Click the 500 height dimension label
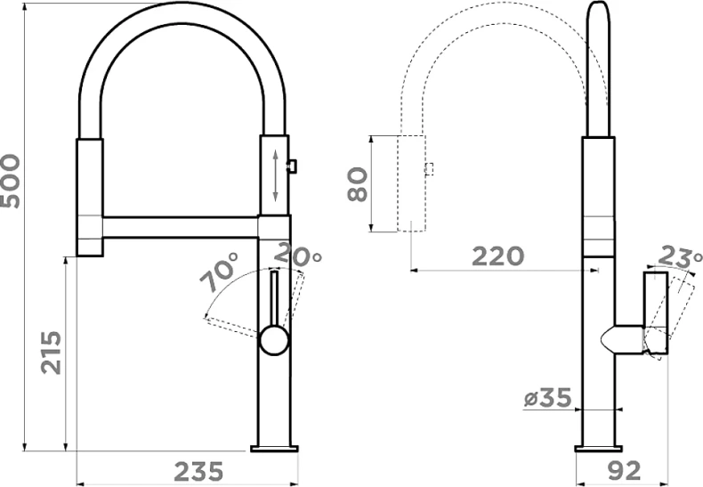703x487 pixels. (x=10, y=181)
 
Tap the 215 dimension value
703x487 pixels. (x=51, y=353)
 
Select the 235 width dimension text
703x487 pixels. (x=198, y=472)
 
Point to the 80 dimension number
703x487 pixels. (x=358, y=184)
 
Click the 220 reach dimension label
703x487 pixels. (x=497, y=256)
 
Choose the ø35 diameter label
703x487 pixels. (x=548, y=398)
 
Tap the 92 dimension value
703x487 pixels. (x=624, y=470)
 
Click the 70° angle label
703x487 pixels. (x=218, y=272)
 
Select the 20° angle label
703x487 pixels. (x=297, y=254)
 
